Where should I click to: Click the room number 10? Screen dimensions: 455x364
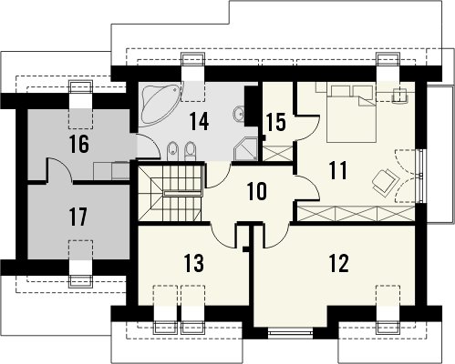click(x=257, y=192)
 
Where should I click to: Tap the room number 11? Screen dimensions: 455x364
click(x=338, y=170)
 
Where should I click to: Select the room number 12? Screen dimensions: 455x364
click(x=338, y=263)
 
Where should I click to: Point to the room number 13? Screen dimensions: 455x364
click(x=194, y=263)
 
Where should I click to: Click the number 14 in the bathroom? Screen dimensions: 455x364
click(x=199, y=121)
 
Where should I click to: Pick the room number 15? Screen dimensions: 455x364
click(x=276, y=122)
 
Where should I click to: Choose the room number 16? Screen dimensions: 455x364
click(x=79, y=144)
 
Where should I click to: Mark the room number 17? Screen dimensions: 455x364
click(x=78, y=217)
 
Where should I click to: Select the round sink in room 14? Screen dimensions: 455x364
click(x=239, y=113)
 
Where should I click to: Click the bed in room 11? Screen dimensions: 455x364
click(x=352, y=114)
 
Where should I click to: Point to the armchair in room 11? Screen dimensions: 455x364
click(x=385, y=181)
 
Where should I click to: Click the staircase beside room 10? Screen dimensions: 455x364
click(x=170, y=193)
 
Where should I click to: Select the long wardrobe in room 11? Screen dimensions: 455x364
click(x=357, y=213)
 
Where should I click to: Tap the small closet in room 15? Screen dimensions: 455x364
click(x=277, y=154)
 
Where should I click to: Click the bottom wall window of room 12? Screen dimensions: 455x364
click(x=291, y=333)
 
